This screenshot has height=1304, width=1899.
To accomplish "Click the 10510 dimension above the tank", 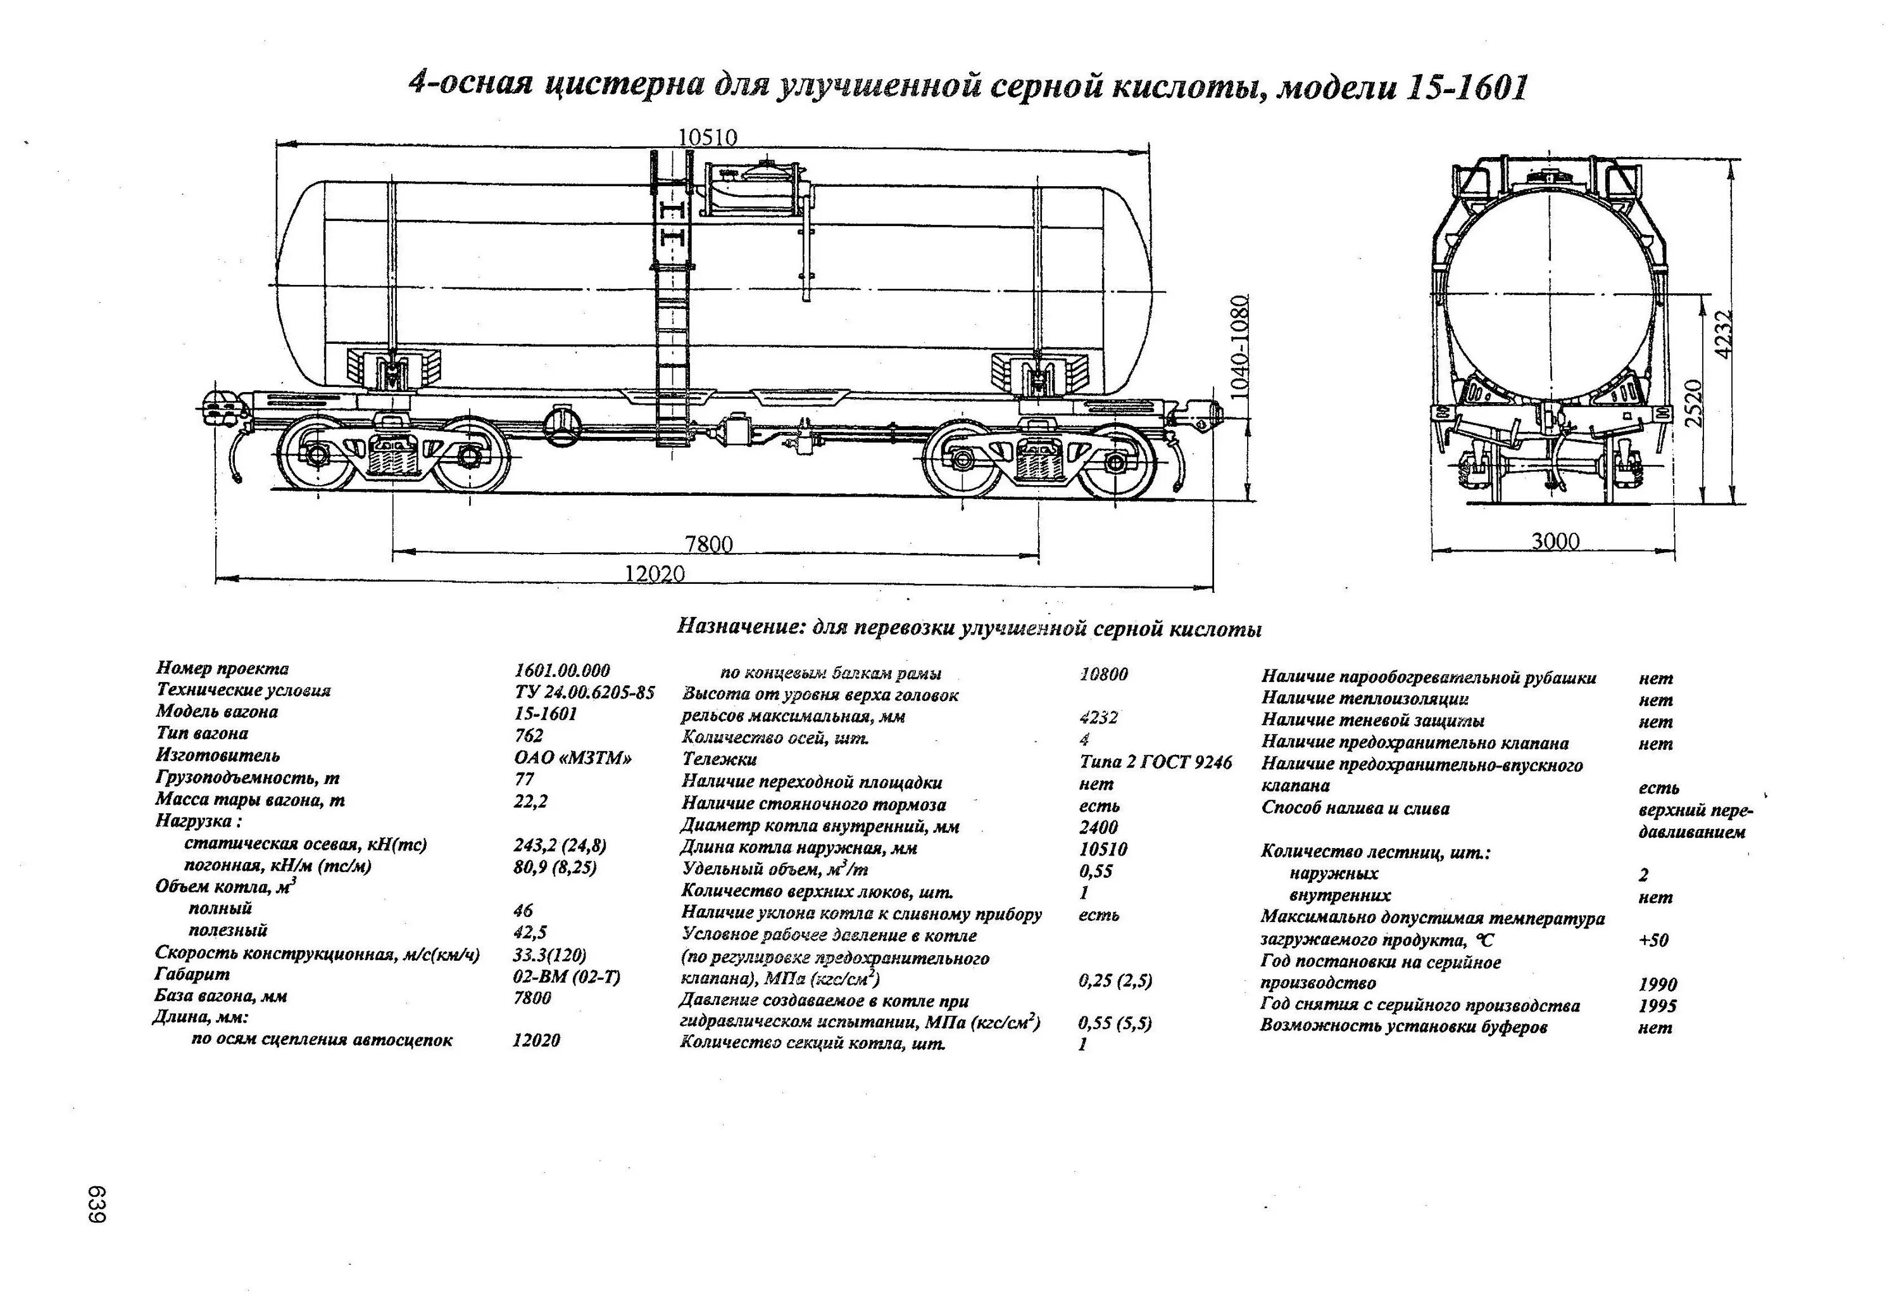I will (x=708, y=137).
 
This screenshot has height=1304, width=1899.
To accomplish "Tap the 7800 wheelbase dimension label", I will (x=708, y=543).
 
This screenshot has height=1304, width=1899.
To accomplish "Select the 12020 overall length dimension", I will (x=655, y=574).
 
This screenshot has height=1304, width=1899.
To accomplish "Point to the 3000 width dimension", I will (x=1555, y=541).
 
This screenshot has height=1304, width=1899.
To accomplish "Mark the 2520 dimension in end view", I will (x=1694, y=402).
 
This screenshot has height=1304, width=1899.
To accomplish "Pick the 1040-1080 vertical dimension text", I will (x=1239, y=346).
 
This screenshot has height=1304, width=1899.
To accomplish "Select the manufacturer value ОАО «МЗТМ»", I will (x=573, y=758).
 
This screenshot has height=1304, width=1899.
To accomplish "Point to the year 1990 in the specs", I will (x=1657, y=984).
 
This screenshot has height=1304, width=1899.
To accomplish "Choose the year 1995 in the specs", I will (x=1657, y=1006).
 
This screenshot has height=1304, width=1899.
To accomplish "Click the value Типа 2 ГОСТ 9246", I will (x=1155, y=763).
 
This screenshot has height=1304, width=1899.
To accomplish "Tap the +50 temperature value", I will (x=1653, y=940).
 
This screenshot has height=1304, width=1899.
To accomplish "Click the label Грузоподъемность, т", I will (x=247, y=778).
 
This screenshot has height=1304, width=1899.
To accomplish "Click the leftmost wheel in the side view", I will (x=316, y=455).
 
